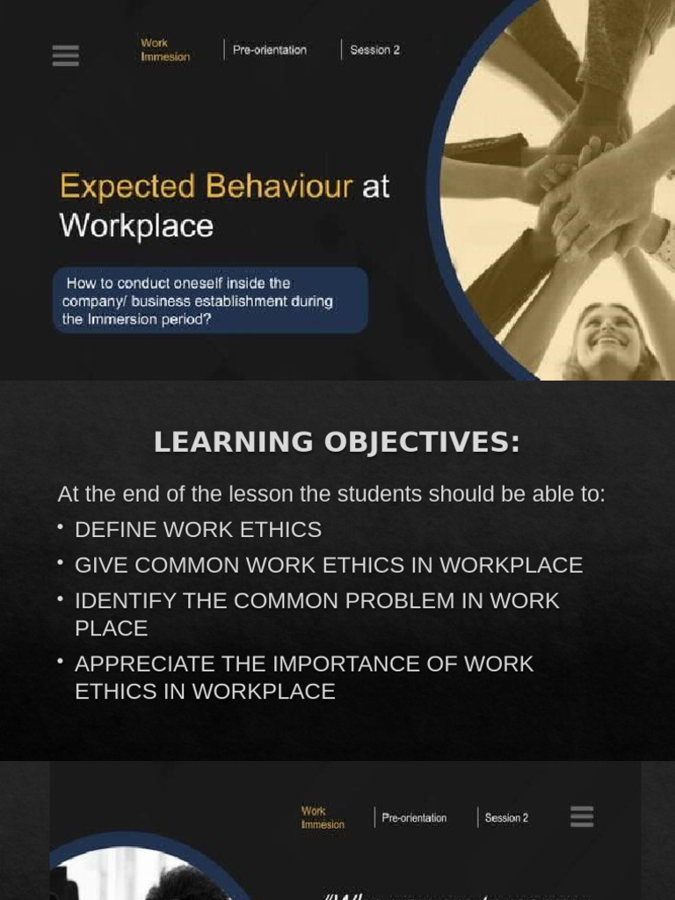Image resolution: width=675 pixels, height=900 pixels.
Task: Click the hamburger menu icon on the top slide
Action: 65,55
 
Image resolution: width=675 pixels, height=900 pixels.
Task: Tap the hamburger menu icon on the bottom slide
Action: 582,817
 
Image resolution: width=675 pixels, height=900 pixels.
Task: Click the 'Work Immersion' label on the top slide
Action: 164,50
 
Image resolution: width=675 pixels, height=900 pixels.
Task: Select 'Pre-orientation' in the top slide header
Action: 269,50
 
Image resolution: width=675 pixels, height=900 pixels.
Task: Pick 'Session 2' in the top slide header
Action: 374,50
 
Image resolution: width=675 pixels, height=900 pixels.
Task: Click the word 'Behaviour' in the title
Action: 279,186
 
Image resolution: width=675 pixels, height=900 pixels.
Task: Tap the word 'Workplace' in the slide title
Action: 136,226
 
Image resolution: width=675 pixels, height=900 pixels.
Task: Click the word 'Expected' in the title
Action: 127,186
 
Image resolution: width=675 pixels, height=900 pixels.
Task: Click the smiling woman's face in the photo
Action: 608,337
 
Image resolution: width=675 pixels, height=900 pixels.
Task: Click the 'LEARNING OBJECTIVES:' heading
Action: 337,442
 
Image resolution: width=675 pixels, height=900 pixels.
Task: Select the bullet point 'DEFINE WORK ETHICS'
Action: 198,530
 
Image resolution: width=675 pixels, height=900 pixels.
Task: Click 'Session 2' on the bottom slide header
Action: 506,818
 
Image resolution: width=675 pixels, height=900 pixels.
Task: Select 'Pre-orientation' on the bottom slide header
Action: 414,818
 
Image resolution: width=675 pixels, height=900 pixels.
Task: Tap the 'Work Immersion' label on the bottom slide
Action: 323,818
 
